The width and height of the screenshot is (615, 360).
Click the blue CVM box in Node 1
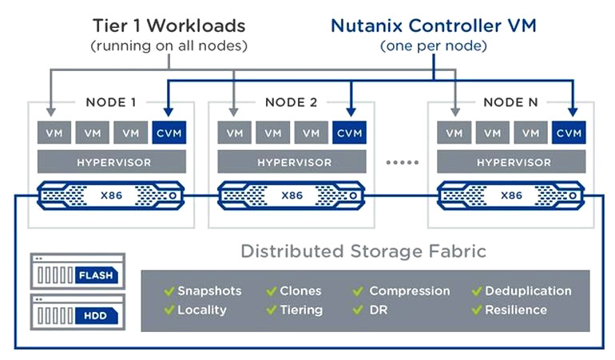169,133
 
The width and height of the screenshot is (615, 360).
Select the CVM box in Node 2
349,133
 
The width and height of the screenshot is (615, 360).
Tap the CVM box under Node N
569,133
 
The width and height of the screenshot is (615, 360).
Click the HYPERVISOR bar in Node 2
292,161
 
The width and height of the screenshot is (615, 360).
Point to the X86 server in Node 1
110,195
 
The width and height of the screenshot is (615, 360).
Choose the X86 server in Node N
510,195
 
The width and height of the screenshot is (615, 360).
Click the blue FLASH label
97,275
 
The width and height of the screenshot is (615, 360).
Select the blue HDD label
97,315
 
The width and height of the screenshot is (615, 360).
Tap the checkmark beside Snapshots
169,291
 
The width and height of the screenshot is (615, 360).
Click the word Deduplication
528,291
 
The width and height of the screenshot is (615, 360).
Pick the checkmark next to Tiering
272,310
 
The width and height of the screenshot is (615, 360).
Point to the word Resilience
516,310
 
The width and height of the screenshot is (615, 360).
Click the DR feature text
378,310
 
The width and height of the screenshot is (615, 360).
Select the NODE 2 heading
291,102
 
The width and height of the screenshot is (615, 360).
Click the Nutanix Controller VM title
434,26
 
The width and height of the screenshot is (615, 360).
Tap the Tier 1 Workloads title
169,26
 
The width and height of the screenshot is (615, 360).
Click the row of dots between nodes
402,162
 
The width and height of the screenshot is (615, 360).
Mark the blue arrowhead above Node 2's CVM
351,112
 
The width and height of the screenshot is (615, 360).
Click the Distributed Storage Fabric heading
363,251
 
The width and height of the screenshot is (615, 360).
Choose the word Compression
409,291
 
